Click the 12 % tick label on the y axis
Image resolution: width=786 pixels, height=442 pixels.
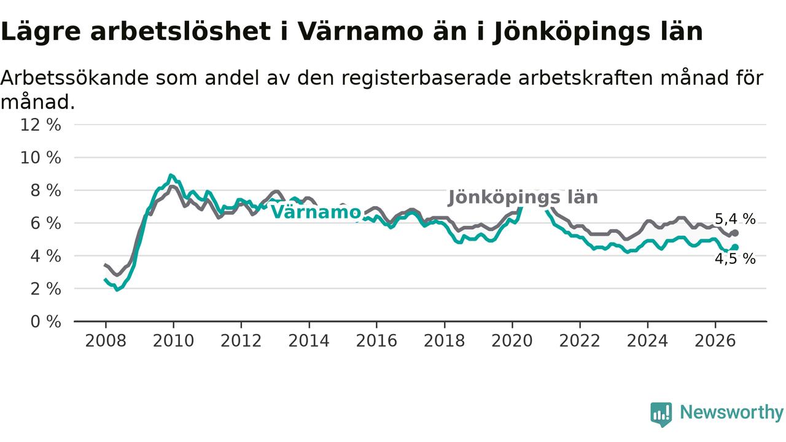(x=41, y=125)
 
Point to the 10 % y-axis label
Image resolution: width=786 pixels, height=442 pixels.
(x=41, y=158)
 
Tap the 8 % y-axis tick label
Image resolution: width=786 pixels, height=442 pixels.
(x=45, y=190)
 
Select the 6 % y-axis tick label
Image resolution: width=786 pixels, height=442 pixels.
(x=45, y=223)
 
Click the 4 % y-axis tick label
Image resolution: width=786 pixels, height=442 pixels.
(x=45, y=257)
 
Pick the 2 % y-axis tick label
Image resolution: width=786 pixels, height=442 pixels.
(x=45, y=289)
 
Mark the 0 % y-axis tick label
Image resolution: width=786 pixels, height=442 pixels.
(x=45, y=322)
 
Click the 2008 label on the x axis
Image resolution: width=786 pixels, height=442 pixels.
(x=106, y=341)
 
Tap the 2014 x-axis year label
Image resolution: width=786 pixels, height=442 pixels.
(x=309, y=341)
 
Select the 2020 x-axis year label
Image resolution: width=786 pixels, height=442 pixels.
(x=512, y=341)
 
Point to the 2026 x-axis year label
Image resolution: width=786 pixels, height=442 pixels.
(x=715, y=341)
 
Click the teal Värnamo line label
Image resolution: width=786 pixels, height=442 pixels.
(x=316, y=212)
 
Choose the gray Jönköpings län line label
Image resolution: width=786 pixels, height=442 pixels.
(x=523, y=198)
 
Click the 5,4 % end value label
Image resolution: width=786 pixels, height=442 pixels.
(x=735, y=219)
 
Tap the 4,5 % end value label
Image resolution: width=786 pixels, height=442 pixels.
(x=735, y=259)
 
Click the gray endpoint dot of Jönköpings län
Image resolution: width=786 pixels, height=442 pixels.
(x=736, y=233)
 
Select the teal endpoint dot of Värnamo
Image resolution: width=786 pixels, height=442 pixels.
(x=736, y=247)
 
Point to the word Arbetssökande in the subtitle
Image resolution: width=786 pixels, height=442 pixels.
(x=75, y=78)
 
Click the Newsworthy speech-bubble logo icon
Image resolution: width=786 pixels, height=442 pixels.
(x=661, y=414)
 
